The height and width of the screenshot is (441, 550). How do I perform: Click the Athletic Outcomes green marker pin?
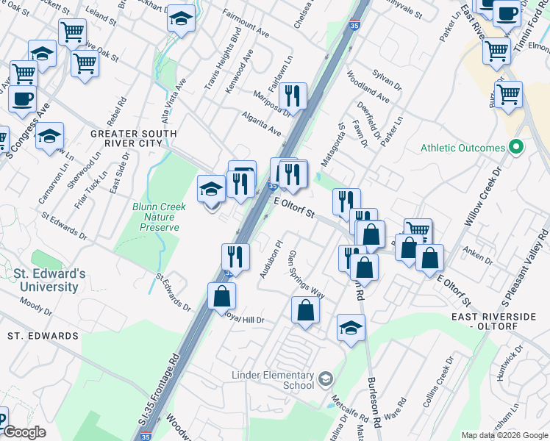pos(515,148)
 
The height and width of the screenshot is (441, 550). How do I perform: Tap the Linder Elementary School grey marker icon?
pos(326,380)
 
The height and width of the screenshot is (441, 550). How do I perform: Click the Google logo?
pos(24,433)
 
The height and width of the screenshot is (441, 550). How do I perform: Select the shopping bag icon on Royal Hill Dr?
pos(221,297)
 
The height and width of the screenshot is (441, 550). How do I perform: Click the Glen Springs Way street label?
pos(307,273)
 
